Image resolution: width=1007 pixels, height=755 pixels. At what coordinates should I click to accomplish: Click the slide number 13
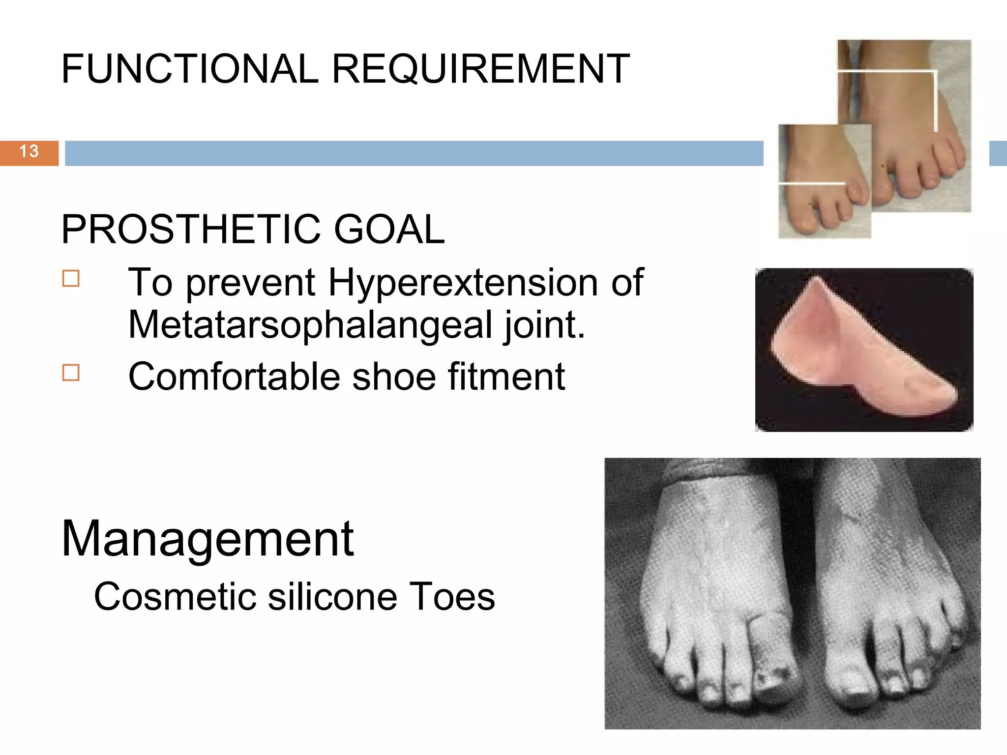29,151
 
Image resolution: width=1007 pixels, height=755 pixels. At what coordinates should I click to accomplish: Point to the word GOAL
389,230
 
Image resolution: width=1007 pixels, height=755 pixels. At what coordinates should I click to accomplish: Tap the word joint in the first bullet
543,325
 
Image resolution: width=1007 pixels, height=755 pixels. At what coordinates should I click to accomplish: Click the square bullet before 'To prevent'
71,278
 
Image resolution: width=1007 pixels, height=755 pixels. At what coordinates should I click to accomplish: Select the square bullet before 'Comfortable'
71,373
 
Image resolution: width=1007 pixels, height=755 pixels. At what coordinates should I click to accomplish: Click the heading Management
207,539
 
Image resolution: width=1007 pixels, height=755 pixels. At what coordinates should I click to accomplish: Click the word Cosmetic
175,597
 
